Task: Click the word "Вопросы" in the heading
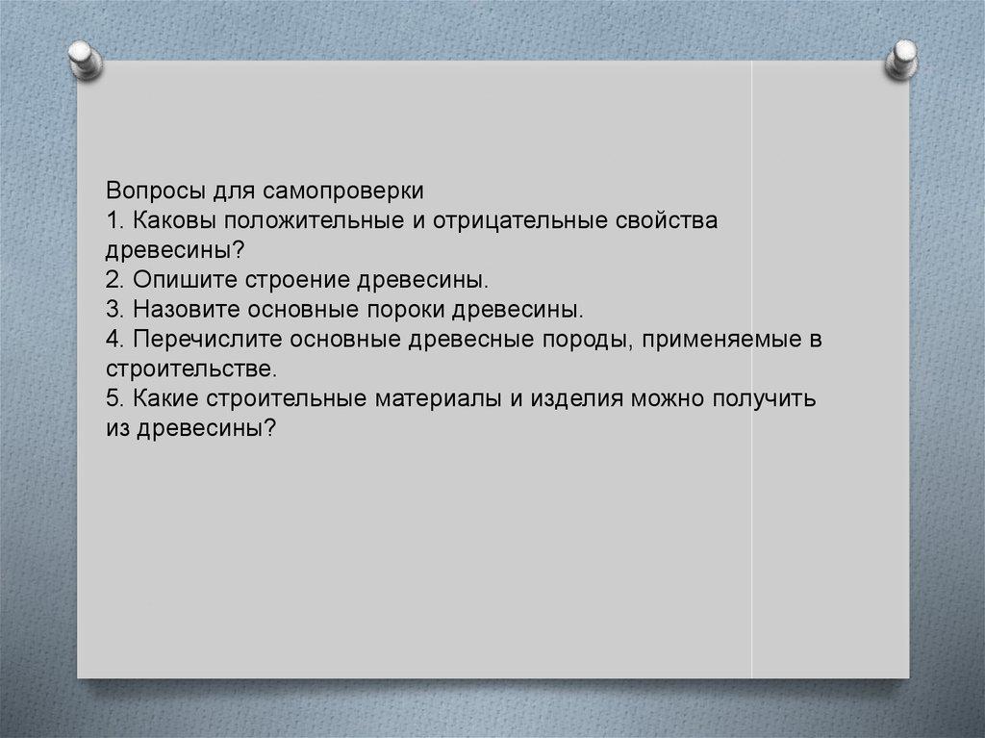pyautogui.click(x=157, y=191)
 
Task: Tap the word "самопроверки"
pyautogui.click(x=343, y=191)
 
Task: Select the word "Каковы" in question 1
pyautogui.click(x=173, y=220)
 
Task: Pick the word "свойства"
pyautogui.click(x=668, y=220)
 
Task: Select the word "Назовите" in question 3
pyautogui.click(x=186, y=309)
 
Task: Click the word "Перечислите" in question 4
pyautogui.click(x=207, y=340)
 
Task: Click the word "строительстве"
pyautogui.click(x=191, y=369)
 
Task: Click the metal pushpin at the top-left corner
pyautogui.click(x=85, y=61)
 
